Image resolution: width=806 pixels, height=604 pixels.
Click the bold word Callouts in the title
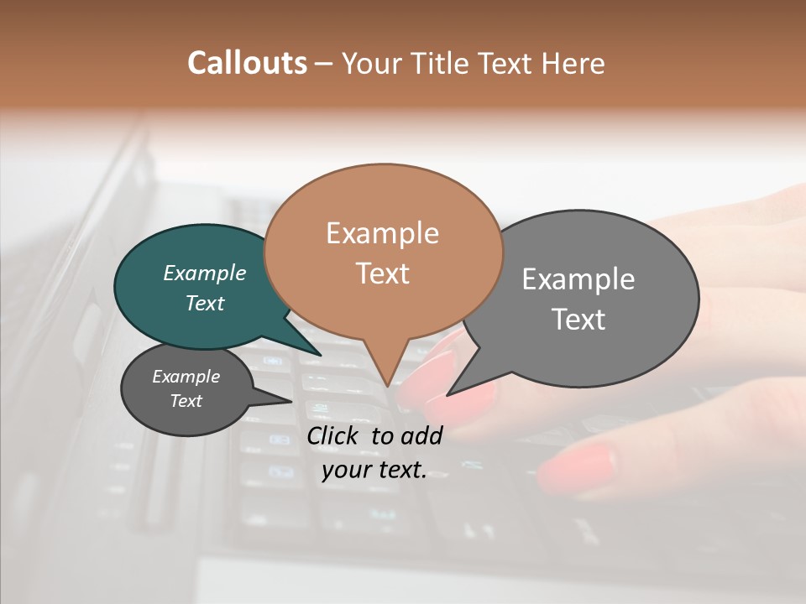[x=247, y=63]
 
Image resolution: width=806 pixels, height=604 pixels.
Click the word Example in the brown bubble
[x=383, y=233]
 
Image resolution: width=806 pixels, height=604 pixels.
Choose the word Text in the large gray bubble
[x=579, y=320]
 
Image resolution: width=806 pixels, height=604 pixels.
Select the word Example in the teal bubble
[x=205, y=273]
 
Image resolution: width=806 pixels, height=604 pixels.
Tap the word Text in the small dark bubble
[x=186, y=401]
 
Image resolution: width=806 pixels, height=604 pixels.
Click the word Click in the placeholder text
[x=334, y=435]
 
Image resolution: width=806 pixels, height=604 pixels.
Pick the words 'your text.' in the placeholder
[x=374, y=470]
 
